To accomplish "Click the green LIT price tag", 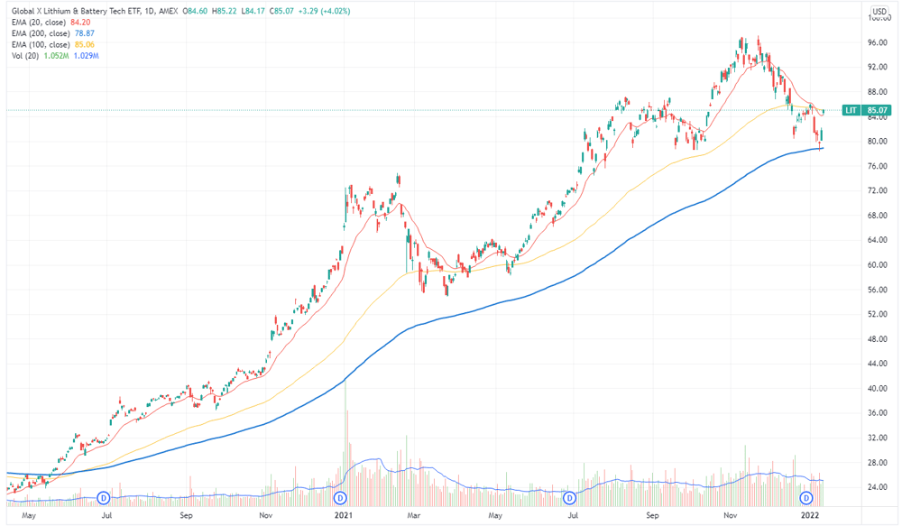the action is pyautogui.click(x=866, y=110).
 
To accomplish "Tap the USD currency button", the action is pyautogui.click(x=879, y=11).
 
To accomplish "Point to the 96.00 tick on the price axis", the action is pyautogui.click(x=878, y=42).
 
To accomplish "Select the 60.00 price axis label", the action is pyautogui.click(x=878, y=264).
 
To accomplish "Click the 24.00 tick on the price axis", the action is pyautogui.click(x=878, y=487).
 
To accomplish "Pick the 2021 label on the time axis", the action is pyautogui.click(x=344, y=515).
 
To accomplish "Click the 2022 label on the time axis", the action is pyautogui.click(x=810, y=515).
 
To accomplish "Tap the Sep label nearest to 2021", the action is pyautogui.click(x=186, y=515).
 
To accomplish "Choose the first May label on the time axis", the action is pyautogui.click(x=29, y=515).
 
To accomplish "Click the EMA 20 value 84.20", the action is pyautogui.click(x=80, y=23).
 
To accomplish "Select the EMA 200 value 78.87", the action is pyautogui.click(x=84, y=33).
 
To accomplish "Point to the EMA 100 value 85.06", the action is pyautogui.click(x=84, y=44).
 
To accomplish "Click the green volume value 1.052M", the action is pyautogui.click(x=56, y=56).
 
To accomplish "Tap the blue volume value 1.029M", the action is pyautogui.click(x=87, y=56).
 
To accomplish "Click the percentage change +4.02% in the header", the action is pyautogui.click(x=336, y=11).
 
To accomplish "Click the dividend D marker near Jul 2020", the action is pyautogui.click(x=104, y=498).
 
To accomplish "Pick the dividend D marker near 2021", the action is pyautogui.click(x=341, y=498).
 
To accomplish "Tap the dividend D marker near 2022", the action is pyautogui.click(x=806, y=498).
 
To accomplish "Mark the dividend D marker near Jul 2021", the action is pyautogui.click(x=569, y=498).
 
